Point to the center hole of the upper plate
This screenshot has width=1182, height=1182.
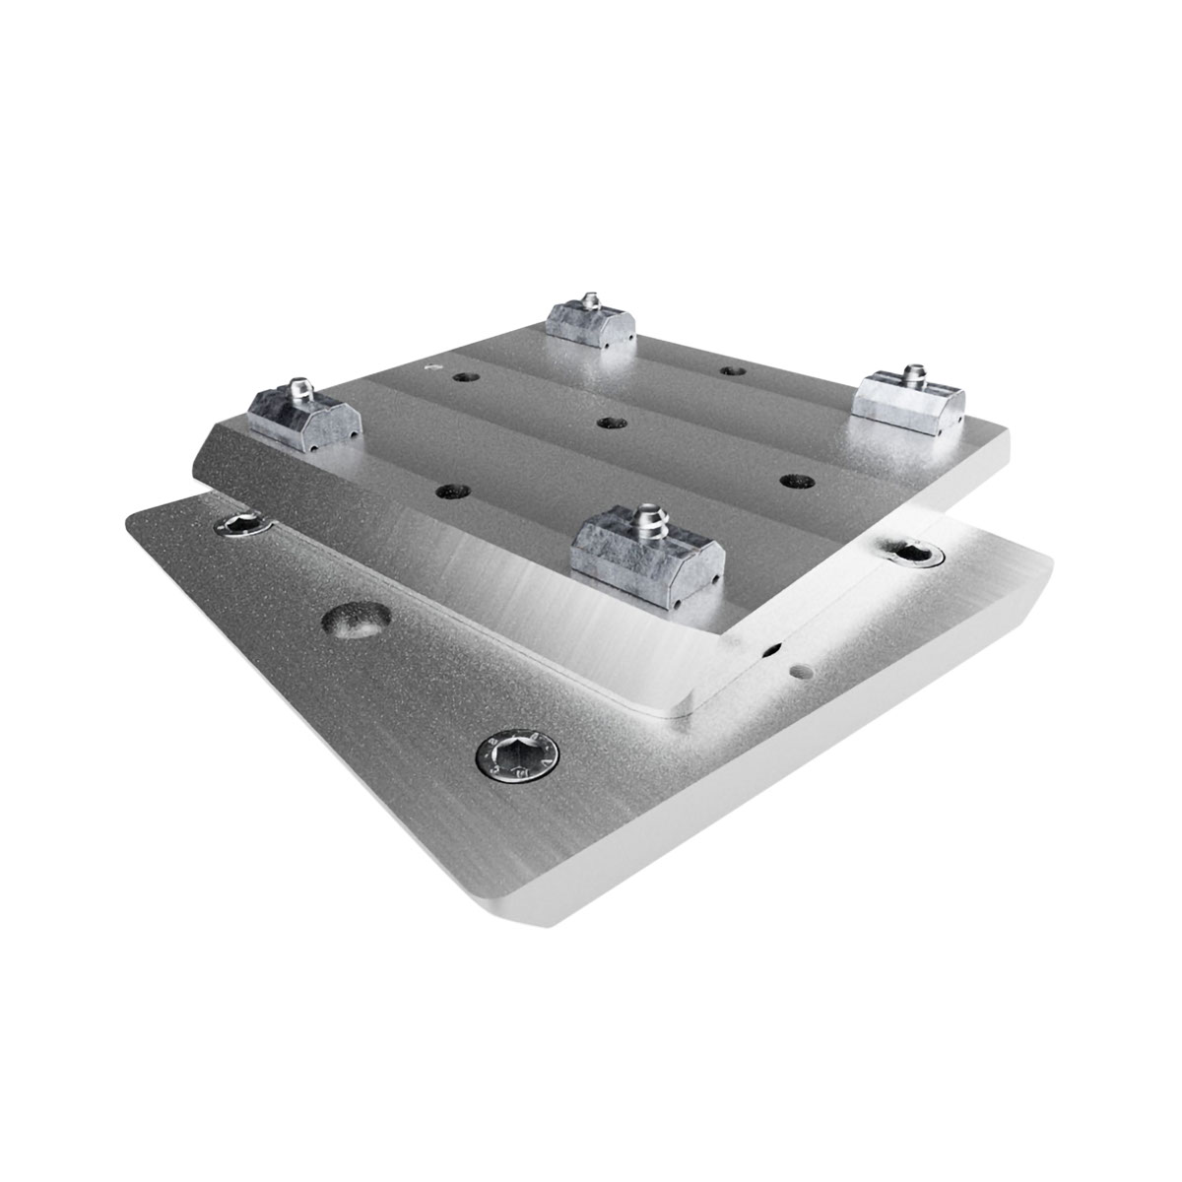[x=611, y=422]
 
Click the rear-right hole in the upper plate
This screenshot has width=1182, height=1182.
[x=730, y=371]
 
